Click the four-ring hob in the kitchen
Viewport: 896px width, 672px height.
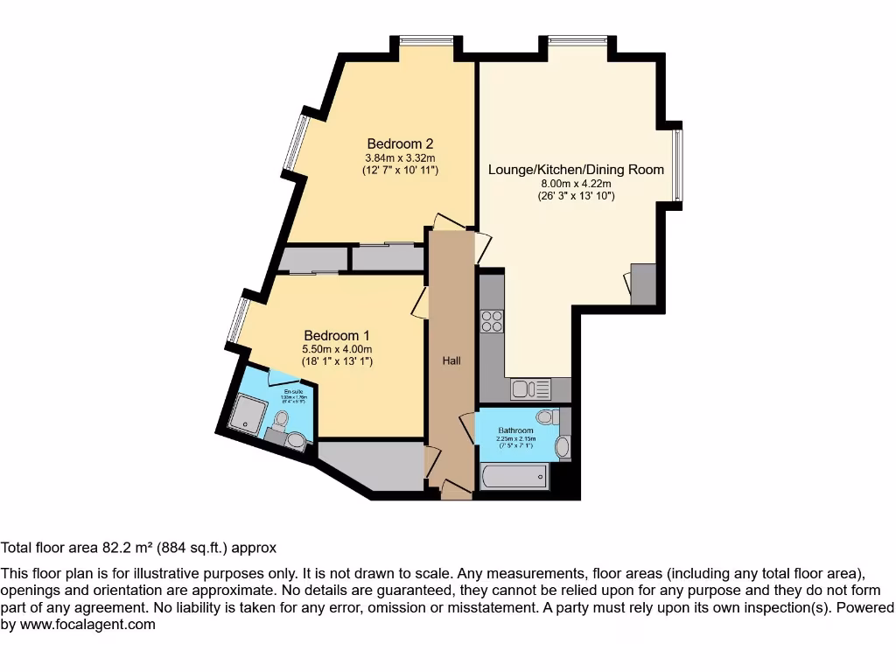492,321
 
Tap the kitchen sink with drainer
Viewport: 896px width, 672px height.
529,389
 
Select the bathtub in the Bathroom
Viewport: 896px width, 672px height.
514,477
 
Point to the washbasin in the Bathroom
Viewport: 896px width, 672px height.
562,448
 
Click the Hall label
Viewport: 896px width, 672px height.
451,360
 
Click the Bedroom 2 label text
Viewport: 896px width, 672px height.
400,143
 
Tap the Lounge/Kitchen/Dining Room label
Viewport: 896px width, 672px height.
576,170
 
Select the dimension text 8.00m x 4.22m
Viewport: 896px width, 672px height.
576,184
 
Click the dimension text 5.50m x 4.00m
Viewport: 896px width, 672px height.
337,349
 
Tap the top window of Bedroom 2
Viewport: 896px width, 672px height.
427,39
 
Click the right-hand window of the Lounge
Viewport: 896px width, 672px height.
678,164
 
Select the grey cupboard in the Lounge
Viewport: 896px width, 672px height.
643,283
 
